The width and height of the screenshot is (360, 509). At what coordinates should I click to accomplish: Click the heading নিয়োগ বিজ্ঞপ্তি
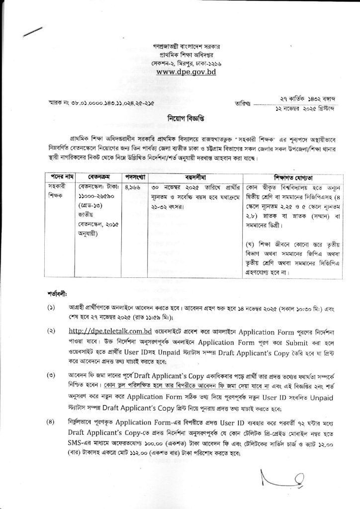(x=180, y=119)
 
